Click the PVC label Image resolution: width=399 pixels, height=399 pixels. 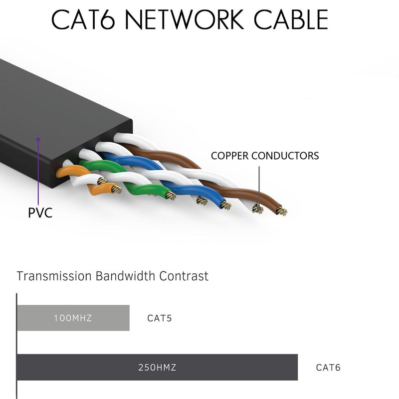pos(40,213)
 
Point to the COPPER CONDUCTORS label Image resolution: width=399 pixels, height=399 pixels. pos(265,156)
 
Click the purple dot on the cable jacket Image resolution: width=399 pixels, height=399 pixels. pos(38,140)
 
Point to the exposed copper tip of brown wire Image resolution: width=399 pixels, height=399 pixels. pos(282,211)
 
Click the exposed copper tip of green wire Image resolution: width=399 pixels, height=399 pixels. pos(171,196)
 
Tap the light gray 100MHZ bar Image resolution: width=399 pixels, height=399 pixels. pos(73,318)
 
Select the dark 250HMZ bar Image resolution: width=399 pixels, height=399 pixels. pos(157,368)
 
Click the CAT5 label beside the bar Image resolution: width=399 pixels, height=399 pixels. pos(160,318)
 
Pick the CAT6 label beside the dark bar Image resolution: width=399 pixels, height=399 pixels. pos(328,368)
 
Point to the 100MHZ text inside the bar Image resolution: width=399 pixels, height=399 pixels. pos(73,318)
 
